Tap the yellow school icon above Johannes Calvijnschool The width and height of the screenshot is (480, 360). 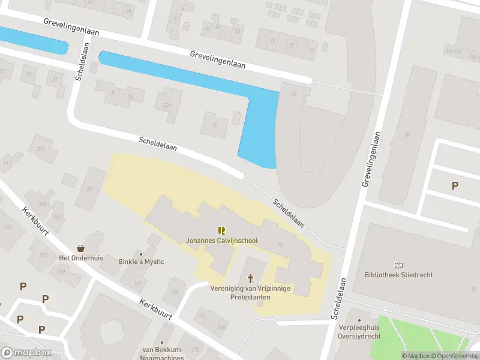click(222, 230)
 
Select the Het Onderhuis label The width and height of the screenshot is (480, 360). click(81, 258)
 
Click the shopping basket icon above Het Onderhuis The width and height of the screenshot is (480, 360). click(81, 248)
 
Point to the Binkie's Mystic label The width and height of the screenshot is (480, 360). click(142, 262)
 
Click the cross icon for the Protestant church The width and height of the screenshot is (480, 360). click(251, 278)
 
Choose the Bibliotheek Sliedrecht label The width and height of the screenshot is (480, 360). click(399, 275)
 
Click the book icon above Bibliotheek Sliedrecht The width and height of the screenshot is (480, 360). click(399, 265)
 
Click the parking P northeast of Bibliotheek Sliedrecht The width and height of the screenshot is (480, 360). click(455, 186)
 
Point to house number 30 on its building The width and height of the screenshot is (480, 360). click(215, 125)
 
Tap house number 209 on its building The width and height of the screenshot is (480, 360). click(41, 148)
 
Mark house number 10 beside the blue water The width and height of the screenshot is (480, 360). click(294, 94)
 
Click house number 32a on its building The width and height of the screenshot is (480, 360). click(167, 106)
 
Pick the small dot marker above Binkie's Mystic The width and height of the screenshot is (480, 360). click(142, 253)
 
